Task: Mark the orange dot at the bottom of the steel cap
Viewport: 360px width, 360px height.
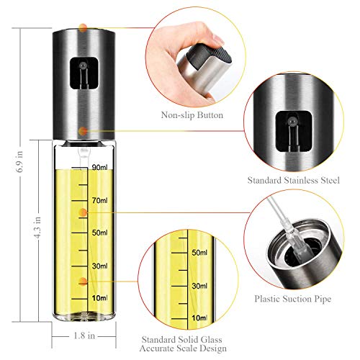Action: click(84, 131)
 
